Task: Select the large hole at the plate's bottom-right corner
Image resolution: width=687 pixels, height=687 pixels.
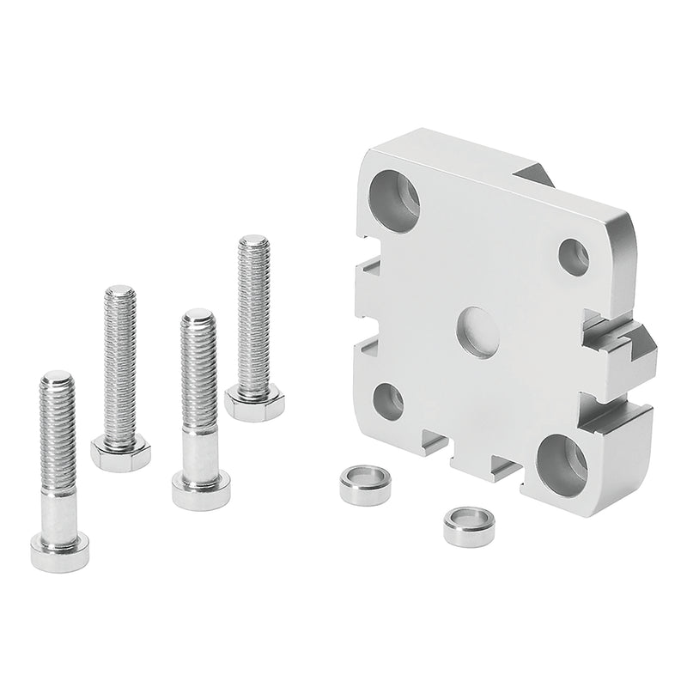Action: (x=562, y=464)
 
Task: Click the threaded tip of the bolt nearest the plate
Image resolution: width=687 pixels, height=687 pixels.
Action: (x=254, y=244)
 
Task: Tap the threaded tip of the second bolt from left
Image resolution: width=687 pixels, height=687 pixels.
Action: (x=119, y=295)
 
